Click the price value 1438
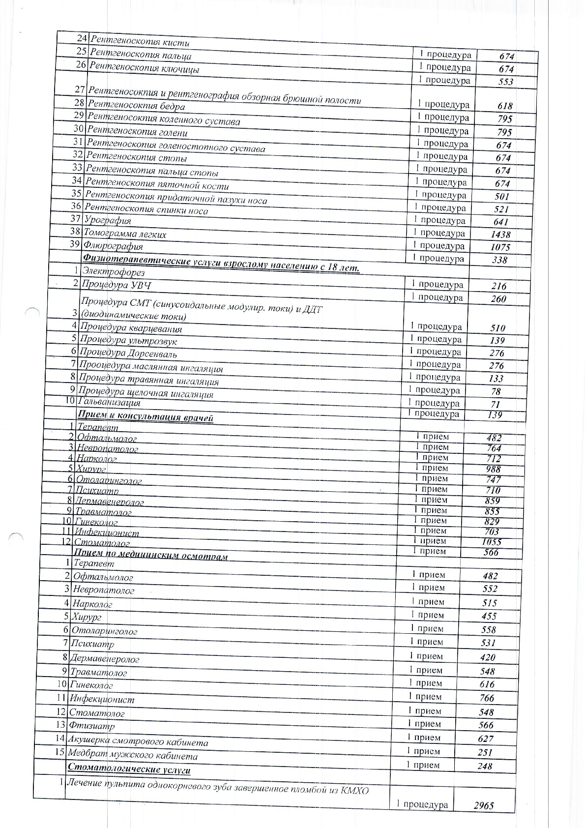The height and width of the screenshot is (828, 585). [500, 235]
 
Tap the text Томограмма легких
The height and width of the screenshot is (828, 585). [125, 234]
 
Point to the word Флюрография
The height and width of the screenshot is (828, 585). [113, 246]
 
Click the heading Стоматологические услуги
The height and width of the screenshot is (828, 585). [129, 769]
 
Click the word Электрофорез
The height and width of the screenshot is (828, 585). [113, 271]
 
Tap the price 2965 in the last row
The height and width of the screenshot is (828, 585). [483, 805]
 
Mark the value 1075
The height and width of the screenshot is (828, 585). [500, 247]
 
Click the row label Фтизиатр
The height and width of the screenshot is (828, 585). [92, 726]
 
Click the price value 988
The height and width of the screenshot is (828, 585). [493, 469]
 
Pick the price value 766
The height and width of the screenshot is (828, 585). [487, 698]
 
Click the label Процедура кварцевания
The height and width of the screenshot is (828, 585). [131, 328]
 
